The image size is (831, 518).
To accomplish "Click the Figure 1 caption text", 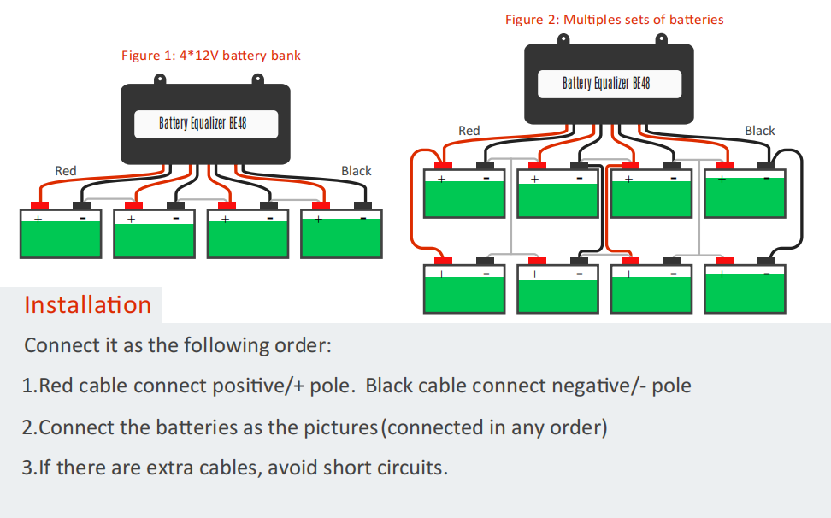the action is coord(211,56).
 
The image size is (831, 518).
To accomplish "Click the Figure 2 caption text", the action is coord(614,20).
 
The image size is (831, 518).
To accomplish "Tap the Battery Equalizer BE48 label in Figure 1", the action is coord(203,123).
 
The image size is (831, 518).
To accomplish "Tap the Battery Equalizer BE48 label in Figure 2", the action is coord(606,83).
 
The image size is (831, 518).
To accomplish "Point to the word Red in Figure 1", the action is coord(66,171).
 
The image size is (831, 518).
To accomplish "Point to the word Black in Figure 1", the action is coord(357,171).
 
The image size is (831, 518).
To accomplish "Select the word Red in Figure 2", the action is coord(469,130).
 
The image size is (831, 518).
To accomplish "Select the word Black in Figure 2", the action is coord(759,130).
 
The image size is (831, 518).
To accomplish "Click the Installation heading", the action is coord(88,304).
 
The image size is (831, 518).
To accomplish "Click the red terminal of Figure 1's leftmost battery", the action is coord(39,205).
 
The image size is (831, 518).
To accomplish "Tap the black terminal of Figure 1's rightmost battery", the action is coord(363,205).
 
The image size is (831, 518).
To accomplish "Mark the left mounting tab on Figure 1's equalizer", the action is coord(160,80).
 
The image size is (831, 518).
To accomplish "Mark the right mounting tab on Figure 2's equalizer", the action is coord(661,39).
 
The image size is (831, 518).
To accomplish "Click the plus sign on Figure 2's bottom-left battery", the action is coord(441,274).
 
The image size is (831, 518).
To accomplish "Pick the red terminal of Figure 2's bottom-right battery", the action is coord(724,261).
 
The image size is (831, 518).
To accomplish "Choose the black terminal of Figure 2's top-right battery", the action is coord(766,165).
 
